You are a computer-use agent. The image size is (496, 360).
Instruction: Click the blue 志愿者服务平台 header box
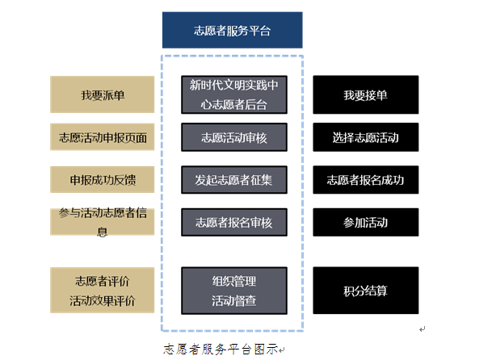(x=232, y=30)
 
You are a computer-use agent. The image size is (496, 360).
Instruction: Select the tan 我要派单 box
(x=102, y=94)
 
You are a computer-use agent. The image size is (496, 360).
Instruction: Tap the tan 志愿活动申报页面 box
(x=102, y=137)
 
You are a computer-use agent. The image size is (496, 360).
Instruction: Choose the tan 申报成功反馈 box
(x=102, y=179)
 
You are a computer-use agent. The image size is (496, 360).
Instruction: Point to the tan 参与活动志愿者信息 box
(x=102, y=221)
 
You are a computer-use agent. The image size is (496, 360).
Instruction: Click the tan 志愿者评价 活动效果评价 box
(x=102, y=290)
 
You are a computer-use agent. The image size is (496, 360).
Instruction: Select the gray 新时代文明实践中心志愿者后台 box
(x=234, y=94)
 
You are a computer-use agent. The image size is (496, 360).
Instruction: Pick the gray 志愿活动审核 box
(x=234, y=137)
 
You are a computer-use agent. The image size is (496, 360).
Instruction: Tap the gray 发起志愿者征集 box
(x=234, y=179)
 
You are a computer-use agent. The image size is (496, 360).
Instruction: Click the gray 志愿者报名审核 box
(x=234, y=222)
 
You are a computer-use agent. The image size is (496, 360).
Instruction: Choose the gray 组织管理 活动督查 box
(x=234, y=291)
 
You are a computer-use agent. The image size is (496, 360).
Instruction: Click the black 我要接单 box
(x=366, y=94)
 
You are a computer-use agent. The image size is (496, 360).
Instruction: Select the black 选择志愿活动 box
(x=366, y=137)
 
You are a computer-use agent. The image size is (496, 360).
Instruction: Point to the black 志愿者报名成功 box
(x=366, y=179)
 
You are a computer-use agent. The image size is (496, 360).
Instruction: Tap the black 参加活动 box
(x=366, y=222)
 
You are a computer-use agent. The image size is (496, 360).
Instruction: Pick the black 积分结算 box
(x=366, y=291)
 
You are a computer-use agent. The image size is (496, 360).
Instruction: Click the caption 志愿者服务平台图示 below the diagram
(x=221, y=350)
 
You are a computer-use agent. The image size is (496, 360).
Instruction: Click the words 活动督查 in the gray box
(x=233, y=300)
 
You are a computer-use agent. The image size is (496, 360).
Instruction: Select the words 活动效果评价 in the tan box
(x=102, y=300)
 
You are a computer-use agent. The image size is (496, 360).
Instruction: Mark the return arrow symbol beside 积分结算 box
(x=422, y=329)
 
